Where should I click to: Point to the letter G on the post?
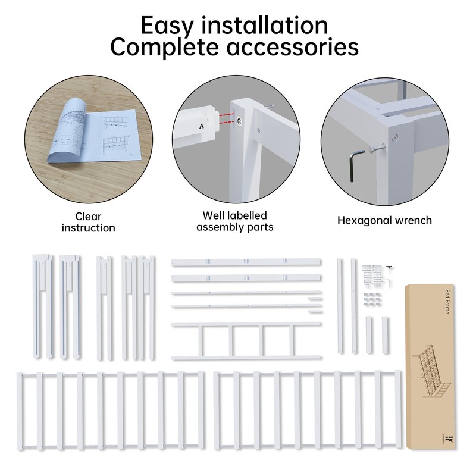click(239, 121)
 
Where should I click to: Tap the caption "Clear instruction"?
click(88, 222)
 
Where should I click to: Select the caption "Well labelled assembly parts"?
click(234, 221)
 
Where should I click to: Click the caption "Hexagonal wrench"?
click(384, 220)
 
